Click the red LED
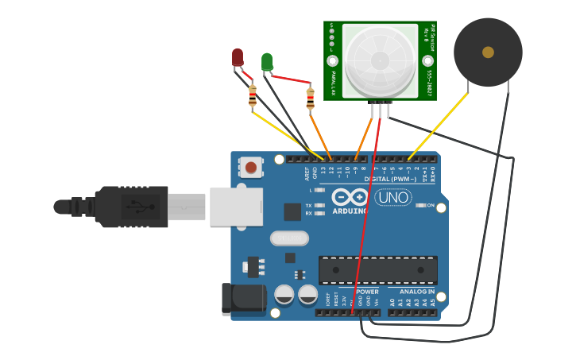[238, 56]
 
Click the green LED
[267, 60]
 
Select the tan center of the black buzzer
[488, 52]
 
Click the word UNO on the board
[392, 197]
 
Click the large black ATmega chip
[377, 270]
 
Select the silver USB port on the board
[236, 206]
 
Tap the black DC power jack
[243, 297]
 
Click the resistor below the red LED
[253, 96]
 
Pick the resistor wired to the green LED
[310, 99]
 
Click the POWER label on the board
[367, 292]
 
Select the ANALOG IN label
[416, 292]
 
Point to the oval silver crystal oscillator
[288, 238]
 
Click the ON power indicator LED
[422, 205]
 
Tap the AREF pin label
[307, 172]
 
